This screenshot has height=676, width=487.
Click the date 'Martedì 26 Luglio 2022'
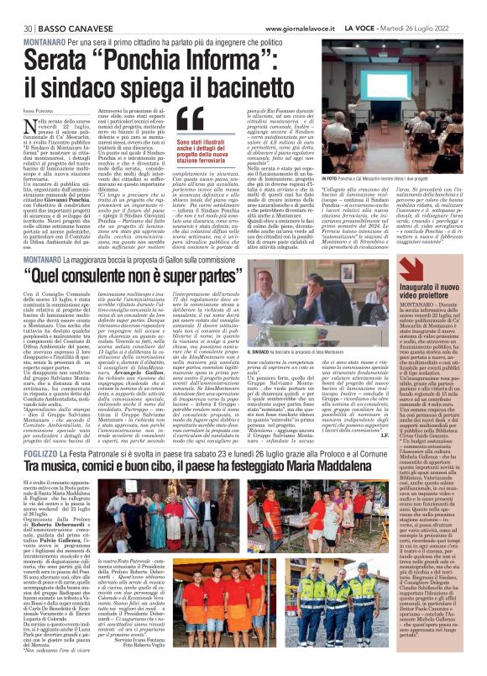(x=440, y=8)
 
